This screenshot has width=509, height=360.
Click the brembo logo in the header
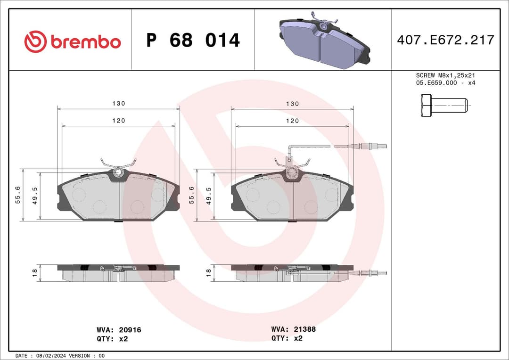click(x=73, y=41)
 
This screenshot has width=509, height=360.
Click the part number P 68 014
click(x=193, y=41)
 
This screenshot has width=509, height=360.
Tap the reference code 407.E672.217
click(x=445, y=40)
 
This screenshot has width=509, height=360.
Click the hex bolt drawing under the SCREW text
click(x=443, y=106)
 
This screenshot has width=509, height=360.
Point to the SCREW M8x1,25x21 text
click(x=445, y=75)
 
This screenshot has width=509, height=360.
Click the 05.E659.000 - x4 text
click(x=445, y=83)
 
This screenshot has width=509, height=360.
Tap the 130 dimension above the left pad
click(x=118, y=104)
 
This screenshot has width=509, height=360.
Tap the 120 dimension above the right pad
click(x=292, y=121)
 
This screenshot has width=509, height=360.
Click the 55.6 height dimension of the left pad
click(x=18, y=195)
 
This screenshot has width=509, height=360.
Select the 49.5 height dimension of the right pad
click(x=209, y=195)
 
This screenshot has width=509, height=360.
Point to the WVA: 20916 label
click(x=118, y=330)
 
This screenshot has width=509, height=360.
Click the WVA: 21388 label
click(x=293, y=329)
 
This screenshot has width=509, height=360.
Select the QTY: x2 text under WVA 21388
click(x=287, y=338)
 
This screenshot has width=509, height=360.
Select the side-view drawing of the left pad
click(x=118, y=273)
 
